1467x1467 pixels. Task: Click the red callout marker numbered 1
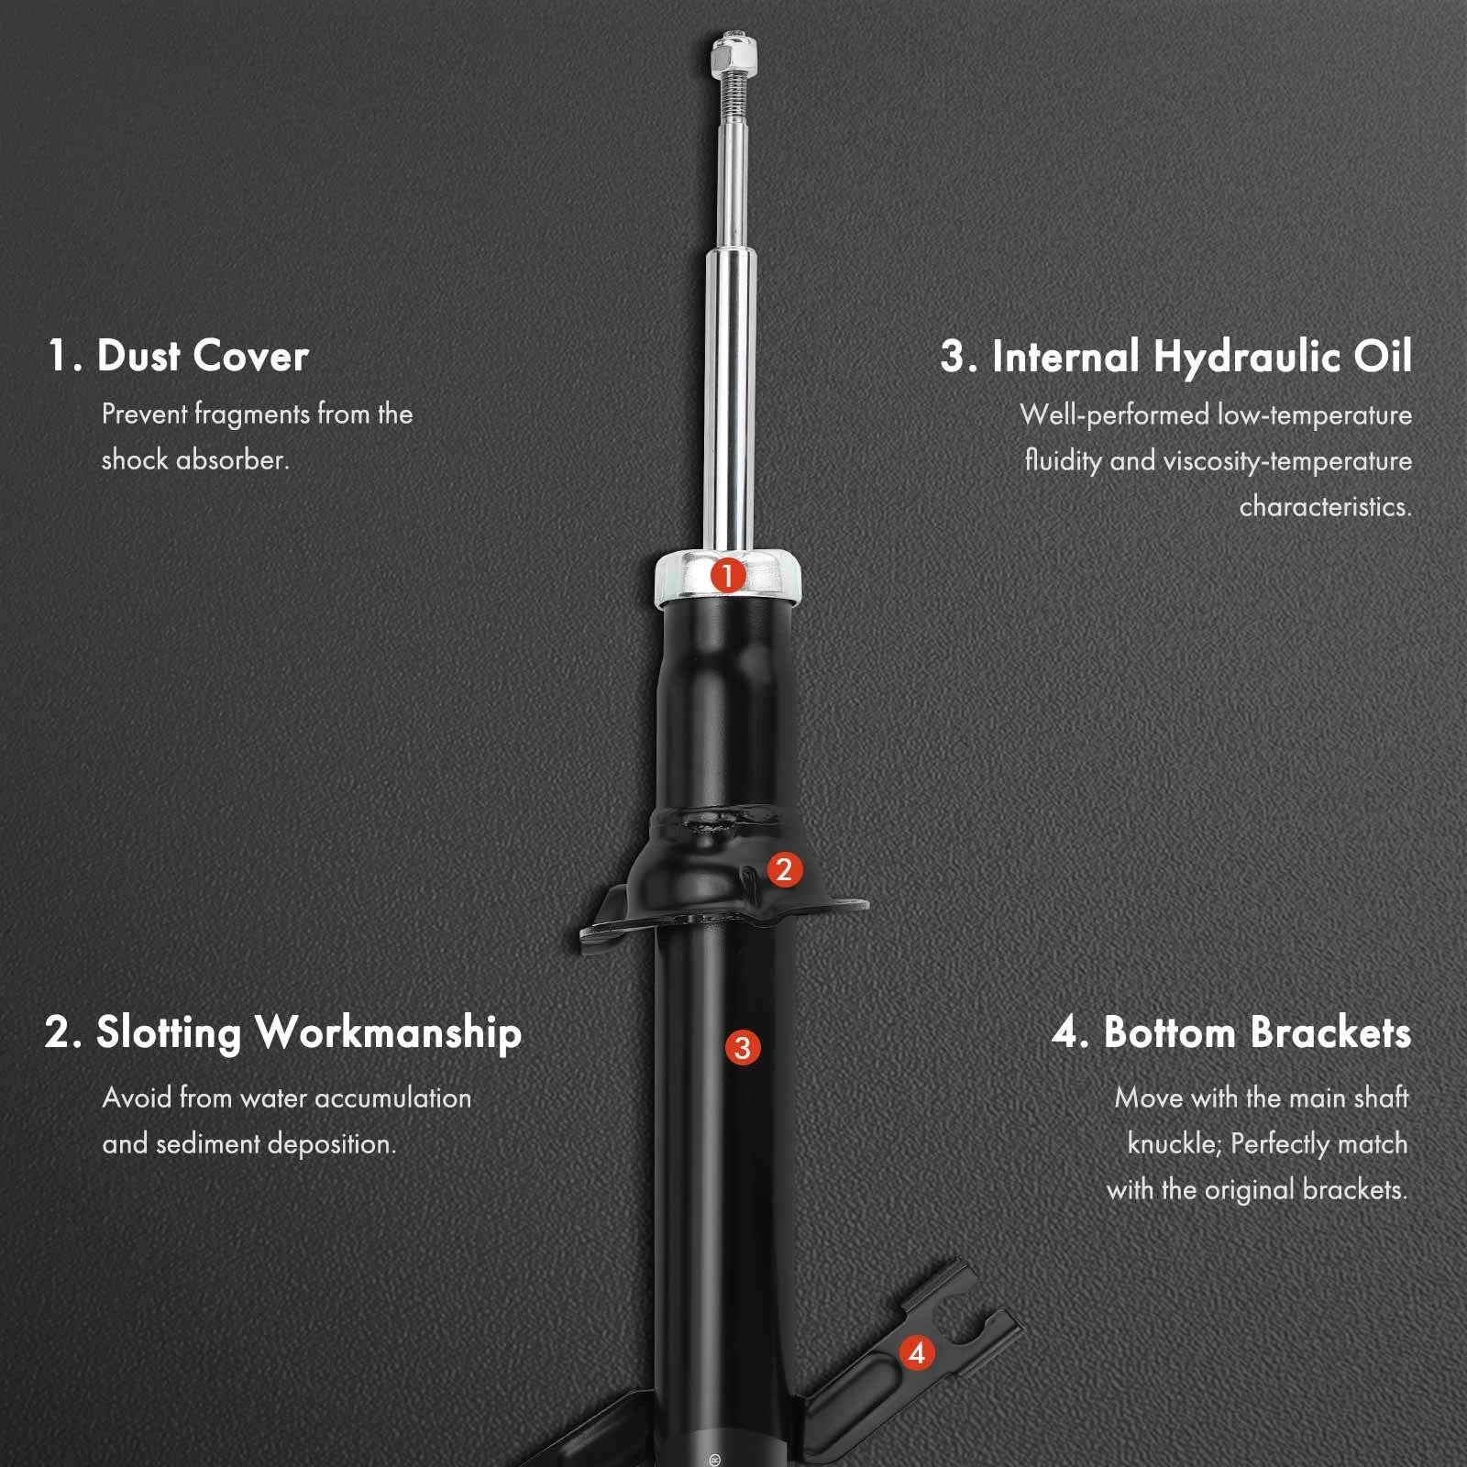click(728, 577)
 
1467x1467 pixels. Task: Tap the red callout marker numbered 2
click(784, 869)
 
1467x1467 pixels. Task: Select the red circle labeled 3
click(743, 1048)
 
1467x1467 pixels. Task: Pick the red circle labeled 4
click(917, 1352)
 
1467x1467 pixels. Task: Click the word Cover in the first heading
click(250, 356)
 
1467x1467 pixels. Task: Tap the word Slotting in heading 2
click(169, 1033)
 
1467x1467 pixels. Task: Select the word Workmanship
click(389, 1033)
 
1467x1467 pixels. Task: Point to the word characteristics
click(1326, 506)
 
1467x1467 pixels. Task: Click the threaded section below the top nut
click(733, 97)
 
